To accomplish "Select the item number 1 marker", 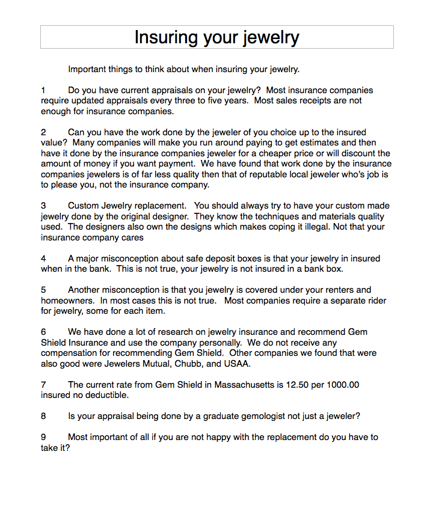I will [x=43, y=90].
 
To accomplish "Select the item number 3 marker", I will [x=43, y=206].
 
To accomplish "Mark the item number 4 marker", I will [x=43, y=258].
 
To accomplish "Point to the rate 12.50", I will [x=290, y=385].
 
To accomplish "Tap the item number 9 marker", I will [x=43, y=437].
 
